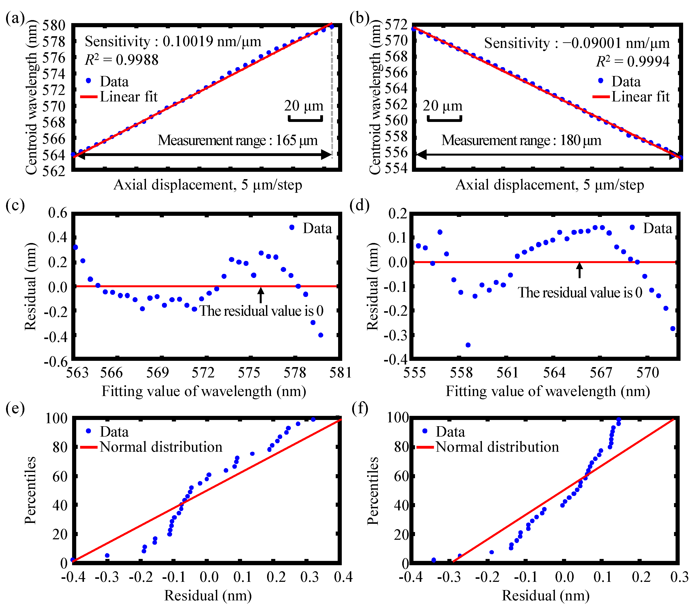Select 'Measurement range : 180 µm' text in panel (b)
(x=521, y=140)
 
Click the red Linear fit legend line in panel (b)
(x=601, y=97)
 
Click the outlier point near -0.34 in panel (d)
(x=468, y=345)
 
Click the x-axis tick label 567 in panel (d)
(x=601, y=373)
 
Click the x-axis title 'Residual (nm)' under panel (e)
(x=208, y=595)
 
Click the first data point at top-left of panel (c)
(x=75, y=247)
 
